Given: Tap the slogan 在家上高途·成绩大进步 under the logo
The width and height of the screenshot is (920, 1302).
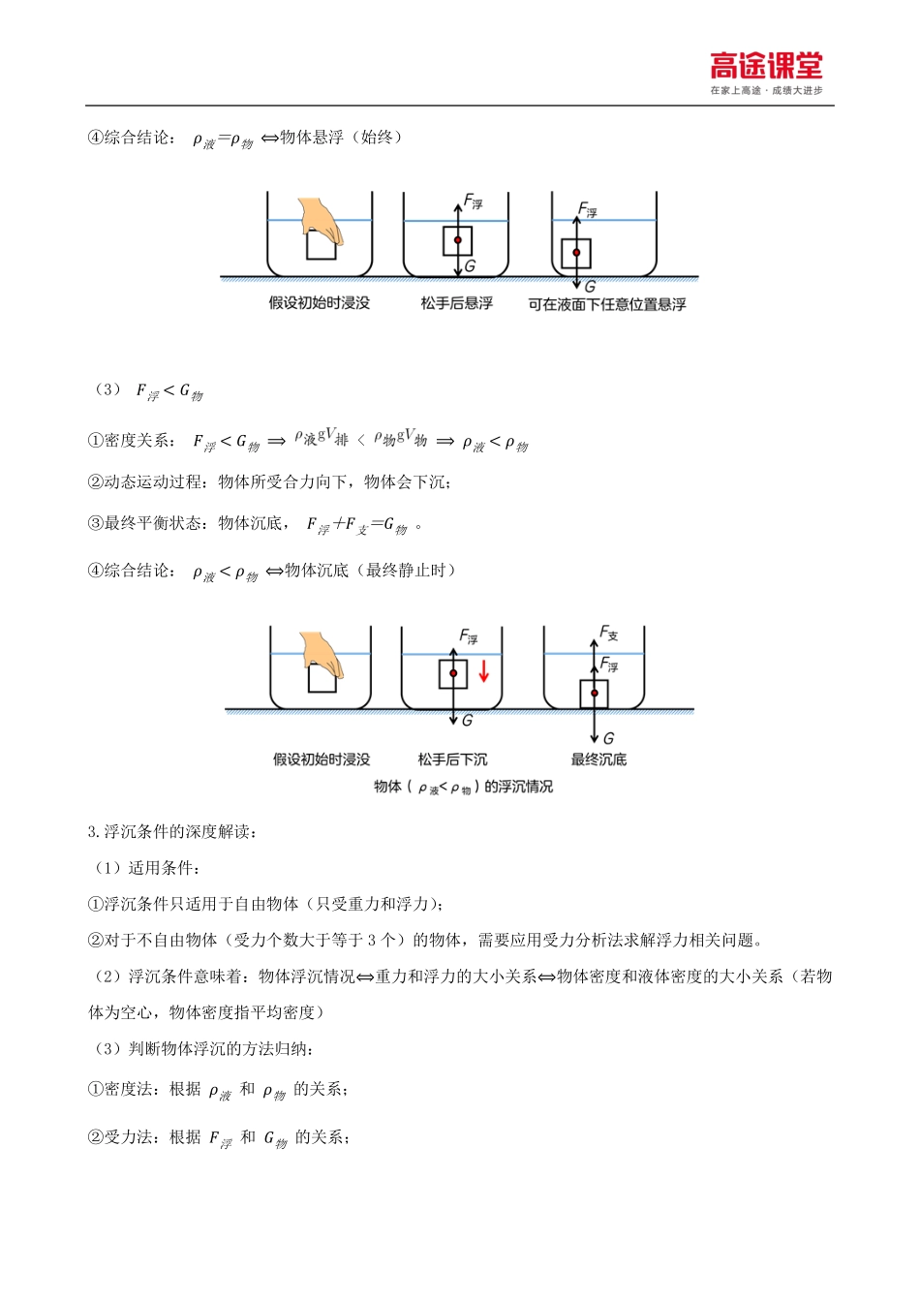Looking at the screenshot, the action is (x=766, y=90).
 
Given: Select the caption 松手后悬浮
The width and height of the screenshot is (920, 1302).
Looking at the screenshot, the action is (x=456, y=303).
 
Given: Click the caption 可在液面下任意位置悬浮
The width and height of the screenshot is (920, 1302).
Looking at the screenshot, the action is (x=607, y=304).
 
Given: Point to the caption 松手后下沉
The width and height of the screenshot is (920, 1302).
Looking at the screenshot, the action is (x=452, y=759).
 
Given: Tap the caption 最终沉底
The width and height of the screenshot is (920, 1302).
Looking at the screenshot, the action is (x=598, y=759).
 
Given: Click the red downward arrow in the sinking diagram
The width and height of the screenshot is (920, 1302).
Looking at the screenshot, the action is (x=484, y=670).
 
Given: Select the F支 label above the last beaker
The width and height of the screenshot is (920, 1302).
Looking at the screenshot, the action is (x=608, y=633).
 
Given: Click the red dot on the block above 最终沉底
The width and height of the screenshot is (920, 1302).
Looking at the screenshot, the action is (x=595, y=693).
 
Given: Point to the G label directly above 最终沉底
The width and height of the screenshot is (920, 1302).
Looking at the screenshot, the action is (x=608, y=738).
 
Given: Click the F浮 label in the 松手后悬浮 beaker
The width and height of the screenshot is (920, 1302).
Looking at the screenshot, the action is (x=473, y=201).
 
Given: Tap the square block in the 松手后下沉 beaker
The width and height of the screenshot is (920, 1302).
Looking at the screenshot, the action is (x=453, y=673).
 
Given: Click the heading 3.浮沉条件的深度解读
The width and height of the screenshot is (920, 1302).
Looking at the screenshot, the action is (x=172, y=831).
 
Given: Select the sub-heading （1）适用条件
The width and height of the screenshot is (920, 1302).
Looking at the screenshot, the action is (x=147, y=867).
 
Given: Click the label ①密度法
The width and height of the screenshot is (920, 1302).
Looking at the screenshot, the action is (x=123, y=1089).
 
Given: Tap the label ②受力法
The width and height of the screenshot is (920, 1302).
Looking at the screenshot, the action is (x=123, y=1136).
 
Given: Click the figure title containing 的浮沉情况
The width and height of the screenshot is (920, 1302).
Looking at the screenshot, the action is (x=463, y=787).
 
